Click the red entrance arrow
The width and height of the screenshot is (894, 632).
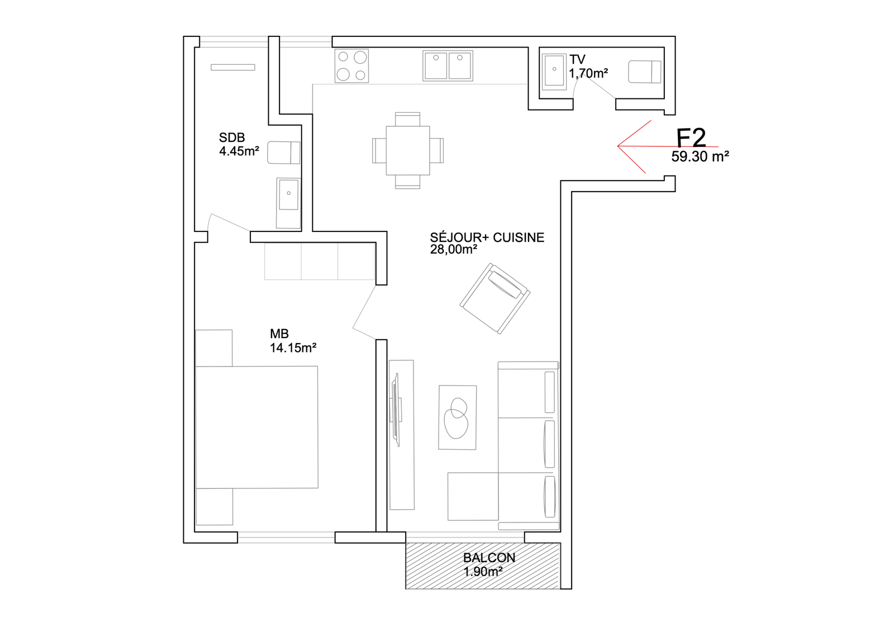click(668, 146)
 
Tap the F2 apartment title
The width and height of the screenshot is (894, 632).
click(691, 138)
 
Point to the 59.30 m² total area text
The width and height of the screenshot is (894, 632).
click(700, 156)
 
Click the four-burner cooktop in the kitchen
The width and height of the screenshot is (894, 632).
click(351, 66)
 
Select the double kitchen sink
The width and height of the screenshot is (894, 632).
click(448, 66)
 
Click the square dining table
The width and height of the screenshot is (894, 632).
click(408, 150)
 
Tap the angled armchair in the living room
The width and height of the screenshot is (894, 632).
click(495, 298)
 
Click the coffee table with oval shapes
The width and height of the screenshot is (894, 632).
click(458, 417)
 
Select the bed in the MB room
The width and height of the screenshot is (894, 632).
click(256, 427)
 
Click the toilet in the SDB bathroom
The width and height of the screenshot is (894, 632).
click(284, 153)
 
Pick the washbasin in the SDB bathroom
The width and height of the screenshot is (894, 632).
click(288, 203)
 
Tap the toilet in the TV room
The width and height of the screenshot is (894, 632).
click(645, 72)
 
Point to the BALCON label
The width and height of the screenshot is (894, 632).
click(489, 558)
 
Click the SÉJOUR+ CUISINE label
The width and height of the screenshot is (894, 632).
click(487, 237)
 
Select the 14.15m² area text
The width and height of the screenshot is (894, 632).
click(293, 348)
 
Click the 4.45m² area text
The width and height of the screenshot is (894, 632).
click(239, 151)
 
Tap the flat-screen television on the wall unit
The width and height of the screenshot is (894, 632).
click(397, 410)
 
